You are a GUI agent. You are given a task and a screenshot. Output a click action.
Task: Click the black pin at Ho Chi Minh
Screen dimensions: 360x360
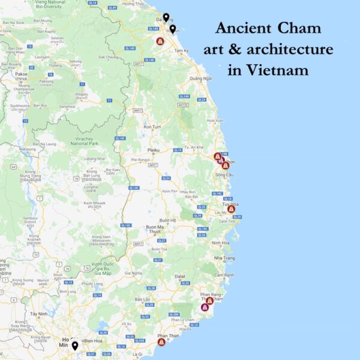coord(75,346)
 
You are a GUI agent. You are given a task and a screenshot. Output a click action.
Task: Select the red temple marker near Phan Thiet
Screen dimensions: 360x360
coord(161,342)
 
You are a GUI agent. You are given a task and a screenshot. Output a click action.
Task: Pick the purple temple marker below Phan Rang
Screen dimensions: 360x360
coord(205,307)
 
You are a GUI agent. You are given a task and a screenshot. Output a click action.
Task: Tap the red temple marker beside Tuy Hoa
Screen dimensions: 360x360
coord(231,209)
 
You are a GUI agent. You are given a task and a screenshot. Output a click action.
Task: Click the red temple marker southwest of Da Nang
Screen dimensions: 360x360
coord(160,41)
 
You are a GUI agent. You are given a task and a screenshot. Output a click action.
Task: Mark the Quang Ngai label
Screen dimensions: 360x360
coord(200,79)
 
